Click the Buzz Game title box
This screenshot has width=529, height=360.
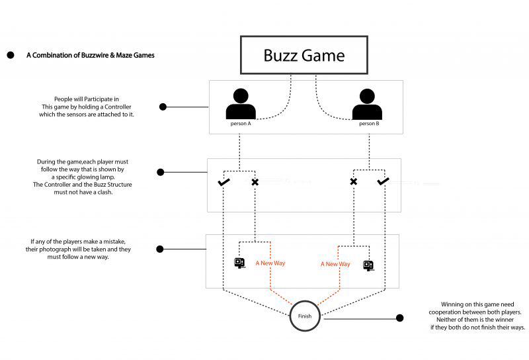point(304,55)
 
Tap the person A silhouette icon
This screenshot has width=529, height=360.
point(240,104)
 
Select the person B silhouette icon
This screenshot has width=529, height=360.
point(368,104)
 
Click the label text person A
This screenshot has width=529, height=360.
point(240,124)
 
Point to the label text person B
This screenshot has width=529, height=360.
point(368,124)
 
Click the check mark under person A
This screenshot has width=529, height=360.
point(224,181)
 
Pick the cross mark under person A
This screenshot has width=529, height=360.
point(255,181)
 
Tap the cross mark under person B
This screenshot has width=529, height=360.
point(353,181)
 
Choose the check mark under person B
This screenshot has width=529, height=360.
point(384,181)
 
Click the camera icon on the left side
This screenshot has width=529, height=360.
point(240,263)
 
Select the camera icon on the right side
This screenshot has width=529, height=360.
point(368,265)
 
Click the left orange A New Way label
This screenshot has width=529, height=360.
point(270,263)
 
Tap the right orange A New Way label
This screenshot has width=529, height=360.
point(335,264)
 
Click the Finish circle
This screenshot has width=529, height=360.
point(304,316)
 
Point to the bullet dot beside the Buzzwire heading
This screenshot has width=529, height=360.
point(11,56)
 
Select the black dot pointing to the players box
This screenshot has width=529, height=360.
point(163,107)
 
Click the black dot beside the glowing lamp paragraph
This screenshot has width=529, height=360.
point(160,172)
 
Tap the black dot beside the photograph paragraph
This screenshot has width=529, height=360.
point(159,249)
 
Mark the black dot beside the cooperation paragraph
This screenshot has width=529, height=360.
point(399,318)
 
